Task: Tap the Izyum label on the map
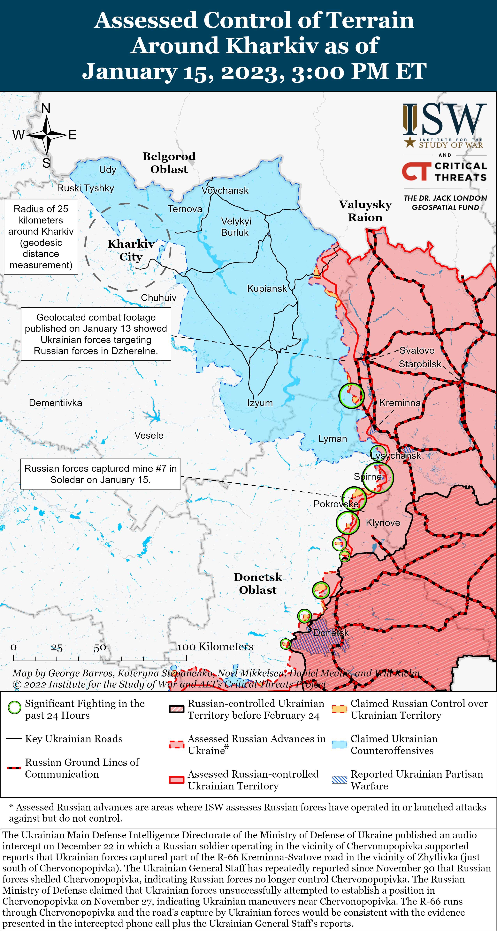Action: (260, 403)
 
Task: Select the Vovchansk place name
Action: (225, 190)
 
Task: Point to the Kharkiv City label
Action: (131, 250)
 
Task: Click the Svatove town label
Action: (417, 351)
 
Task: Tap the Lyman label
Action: (333, 439)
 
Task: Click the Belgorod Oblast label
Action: (169, 163)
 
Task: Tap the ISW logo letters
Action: (445, 119)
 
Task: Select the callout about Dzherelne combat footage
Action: (96, 334)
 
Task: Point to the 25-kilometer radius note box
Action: (41, 237)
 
